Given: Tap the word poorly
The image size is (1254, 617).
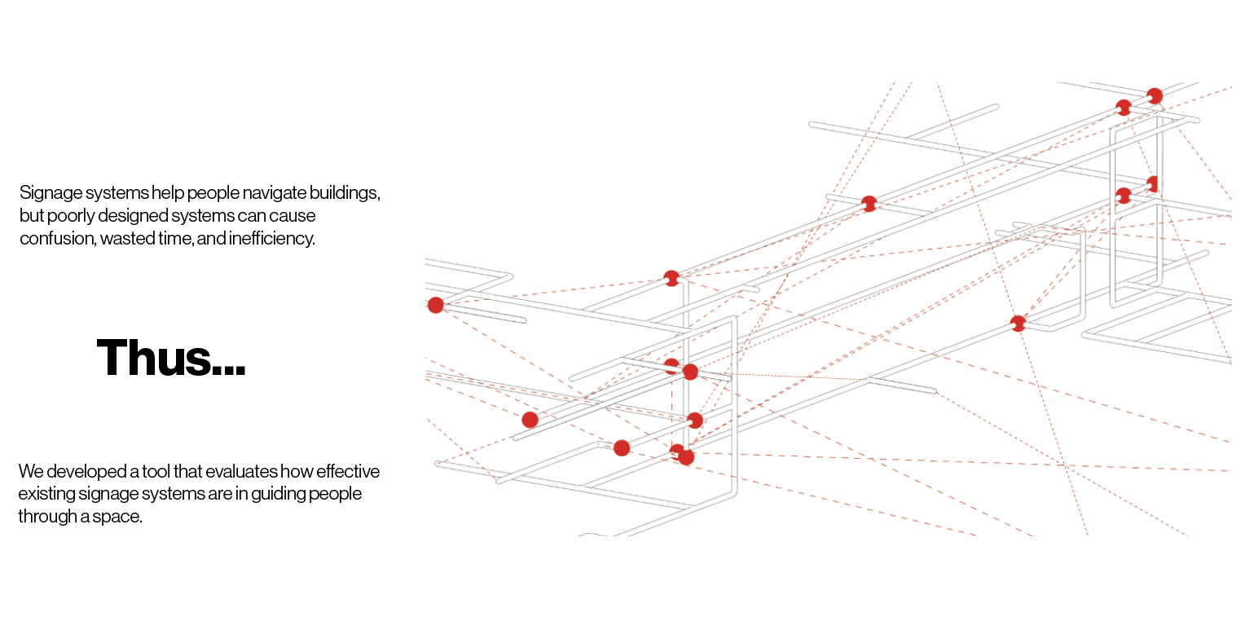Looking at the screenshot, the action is [71, 216].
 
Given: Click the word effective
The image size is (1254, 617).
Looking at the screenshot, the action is [348, 471].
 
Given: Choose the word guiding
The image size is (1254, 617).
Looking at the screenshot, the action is [278, 495].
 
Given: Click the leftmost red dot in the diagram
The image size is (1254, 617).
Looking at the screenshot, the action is [436, 305].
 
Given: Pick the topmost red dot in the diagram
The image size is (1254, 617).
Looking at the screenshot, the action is [1155, 95].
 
